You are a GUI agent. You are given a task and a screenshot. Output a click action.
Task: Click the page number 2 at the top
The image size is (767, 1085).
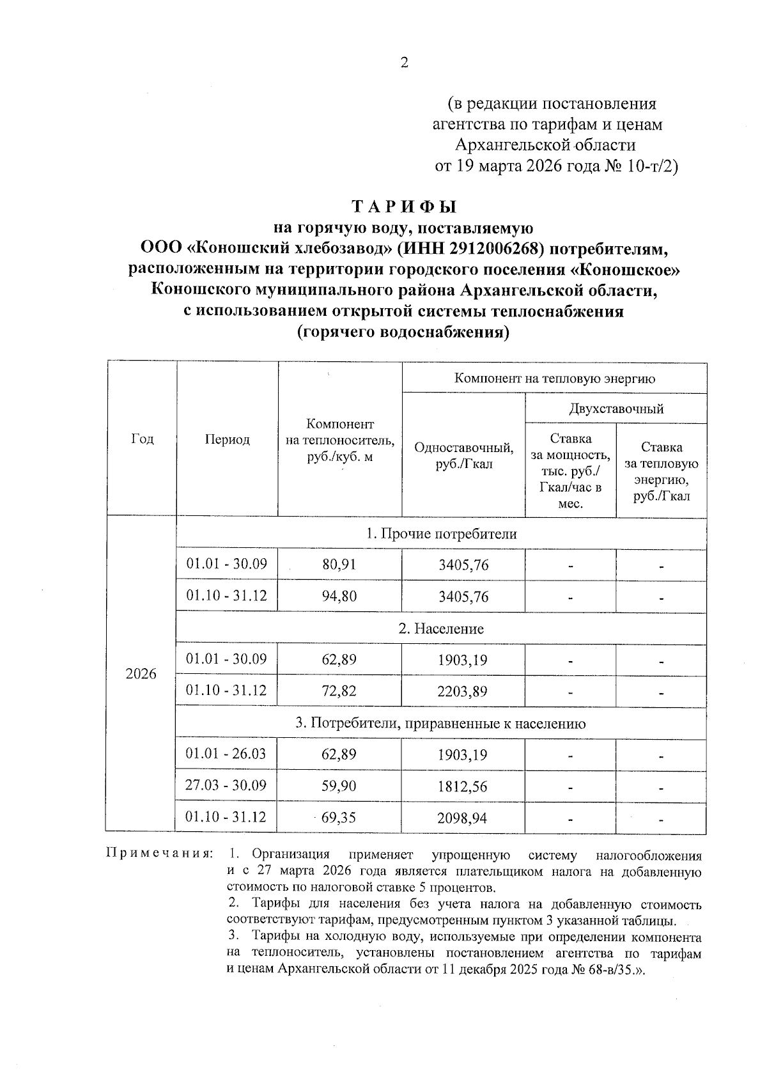click(x=403, y=63)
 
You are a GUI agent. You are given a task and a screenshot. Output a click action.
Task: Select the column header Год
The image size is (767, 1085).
click(x=142, y=439)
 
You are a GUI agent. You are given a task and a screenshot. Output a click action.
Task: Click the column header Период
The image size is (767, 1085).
click(x=227, y=439)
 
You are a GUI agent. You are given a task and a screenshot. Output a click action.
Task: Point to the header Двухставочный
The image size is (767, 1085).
click(x=616, y=409)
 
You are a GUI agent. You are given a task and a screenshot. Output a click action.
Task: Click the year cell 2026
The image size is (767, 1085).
click(x=141, y=675)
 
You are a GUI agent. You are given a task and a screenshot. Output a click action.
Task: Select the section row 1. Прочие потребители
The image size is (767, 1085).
click(x=441, y=534)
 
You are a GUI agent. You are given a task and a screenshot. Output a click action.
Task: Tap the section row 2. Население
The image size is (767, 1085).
click(x=441, y=629)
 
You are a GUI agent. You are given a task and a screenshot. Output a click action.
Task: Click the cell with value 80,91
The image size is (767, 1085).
click(x=339, y=565)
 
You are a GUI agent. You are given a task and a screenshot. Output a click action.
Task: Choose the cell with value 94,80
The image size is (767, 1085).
click(x=339, y=597)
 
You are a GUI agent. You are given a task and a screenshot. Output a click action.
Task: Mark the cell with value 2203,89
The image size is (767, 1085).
click(x=463, y=691)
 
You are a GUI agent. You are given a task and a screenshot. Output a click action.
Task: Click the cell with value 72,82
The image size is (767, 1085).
click(x=339, y=691)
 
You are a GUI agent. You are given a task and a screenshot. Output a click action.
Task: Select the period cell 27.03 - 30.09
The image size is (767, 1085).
click(x=226, y=785)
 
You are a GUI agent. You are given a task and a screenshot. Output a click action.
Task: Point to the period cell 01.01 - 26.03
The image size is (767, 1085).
click(x=226, y=754)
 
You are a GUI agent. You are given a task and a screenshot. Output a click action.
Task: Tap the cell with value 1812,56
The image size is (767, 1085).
click(x=463, y=786)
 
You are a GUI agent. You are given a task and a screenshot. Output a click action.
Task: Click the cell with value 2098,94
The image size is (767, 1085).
click(x=463, y=818)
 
